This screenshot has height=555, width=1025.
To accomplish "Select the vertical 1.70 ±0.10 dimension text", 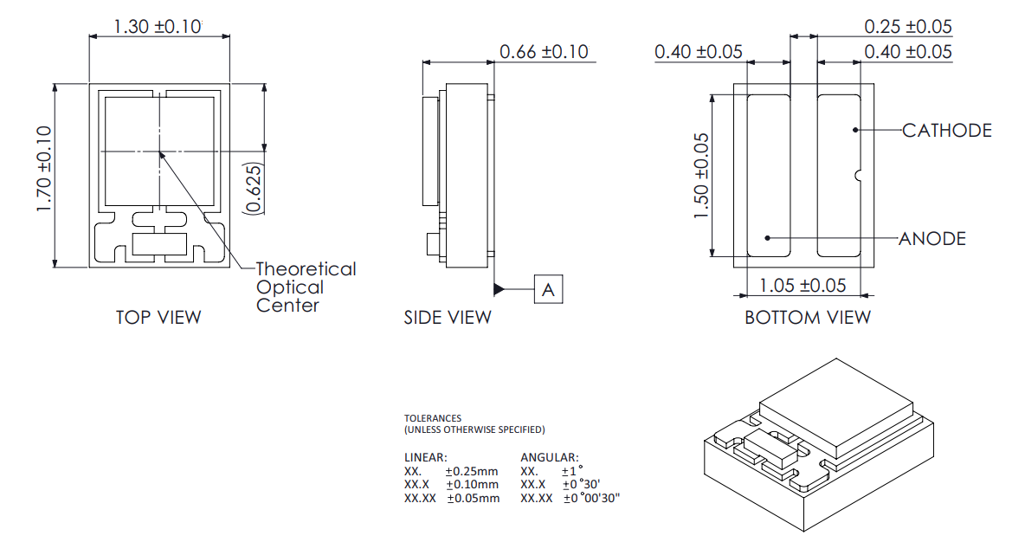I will pyautogui.click(x=44, y=165).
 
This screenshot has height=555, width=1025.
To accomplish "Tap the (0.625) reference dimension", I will pyautogui.click(x=253, y=186).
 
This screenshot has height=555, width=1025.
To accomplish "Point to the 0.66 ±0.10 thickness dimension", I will pyautogui.click(x=544, y=52).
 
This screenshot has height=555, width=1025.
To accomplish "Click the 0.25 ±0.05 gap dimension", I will pyautogui.click(x=907, y=27).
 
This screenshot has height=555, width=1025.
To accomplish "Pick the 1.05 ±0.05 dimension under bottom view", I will pyautogui.click(x=803, y=285).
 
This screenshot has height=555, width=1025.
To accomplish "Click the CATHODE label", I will pyautogui.click(x=946, y=131).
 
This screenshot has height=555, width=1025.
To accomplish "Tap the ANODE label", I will pyautogui.click(x=932, y=239).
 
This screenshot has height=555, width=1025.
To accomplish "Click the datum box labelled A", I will pyautogui.click(x=548, y=290).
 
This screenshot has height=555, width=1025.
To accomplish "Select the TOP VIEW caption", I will pyautogui.click(x=158, y=318).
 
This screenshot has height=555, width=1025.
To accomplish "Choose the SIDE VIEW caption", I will pyautogui.click(x=447, y=318).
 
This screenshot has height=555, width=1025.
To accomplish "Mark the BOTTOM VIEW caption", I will pyautogui.click(x=808, y=318).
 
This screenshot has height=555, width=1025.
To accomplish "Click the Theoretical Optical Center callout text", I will pyautogui.click(x=305, y=287).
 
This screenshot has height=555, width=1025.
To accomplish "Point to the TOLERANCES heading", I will pyautogui.click(x=433, y=418).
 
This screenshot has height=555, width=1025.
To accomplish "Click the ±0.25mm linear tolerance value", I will pyautogui.click(x=472, y=471).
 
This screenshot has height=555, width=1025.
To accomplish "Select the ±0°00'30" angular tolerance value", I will pyautogui.click(x=592, y=498).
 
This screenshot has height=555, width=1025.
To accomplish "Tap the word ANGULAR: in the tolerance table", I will pyautogui.click(x=550, y=457).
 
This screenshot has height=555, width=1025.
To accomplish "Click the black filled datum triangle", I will pyautogui.click(x=500, y=288).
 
